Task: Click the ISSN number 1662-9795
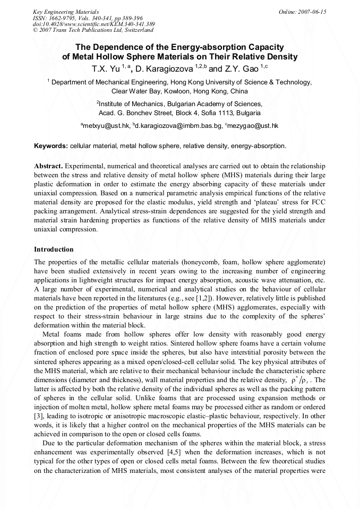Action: pyautogui.click(x=61, y=18)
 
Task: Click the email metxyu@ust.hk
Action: pyautogui.click(x=105, y=126)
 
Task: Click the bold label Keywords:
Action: pyautogui.click(x=51, y=145)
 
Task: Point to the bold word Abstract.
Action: pyautogui.click(x=48, y=166)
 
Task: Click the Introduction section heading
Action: pyautogui.click(x=54, y=249)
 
